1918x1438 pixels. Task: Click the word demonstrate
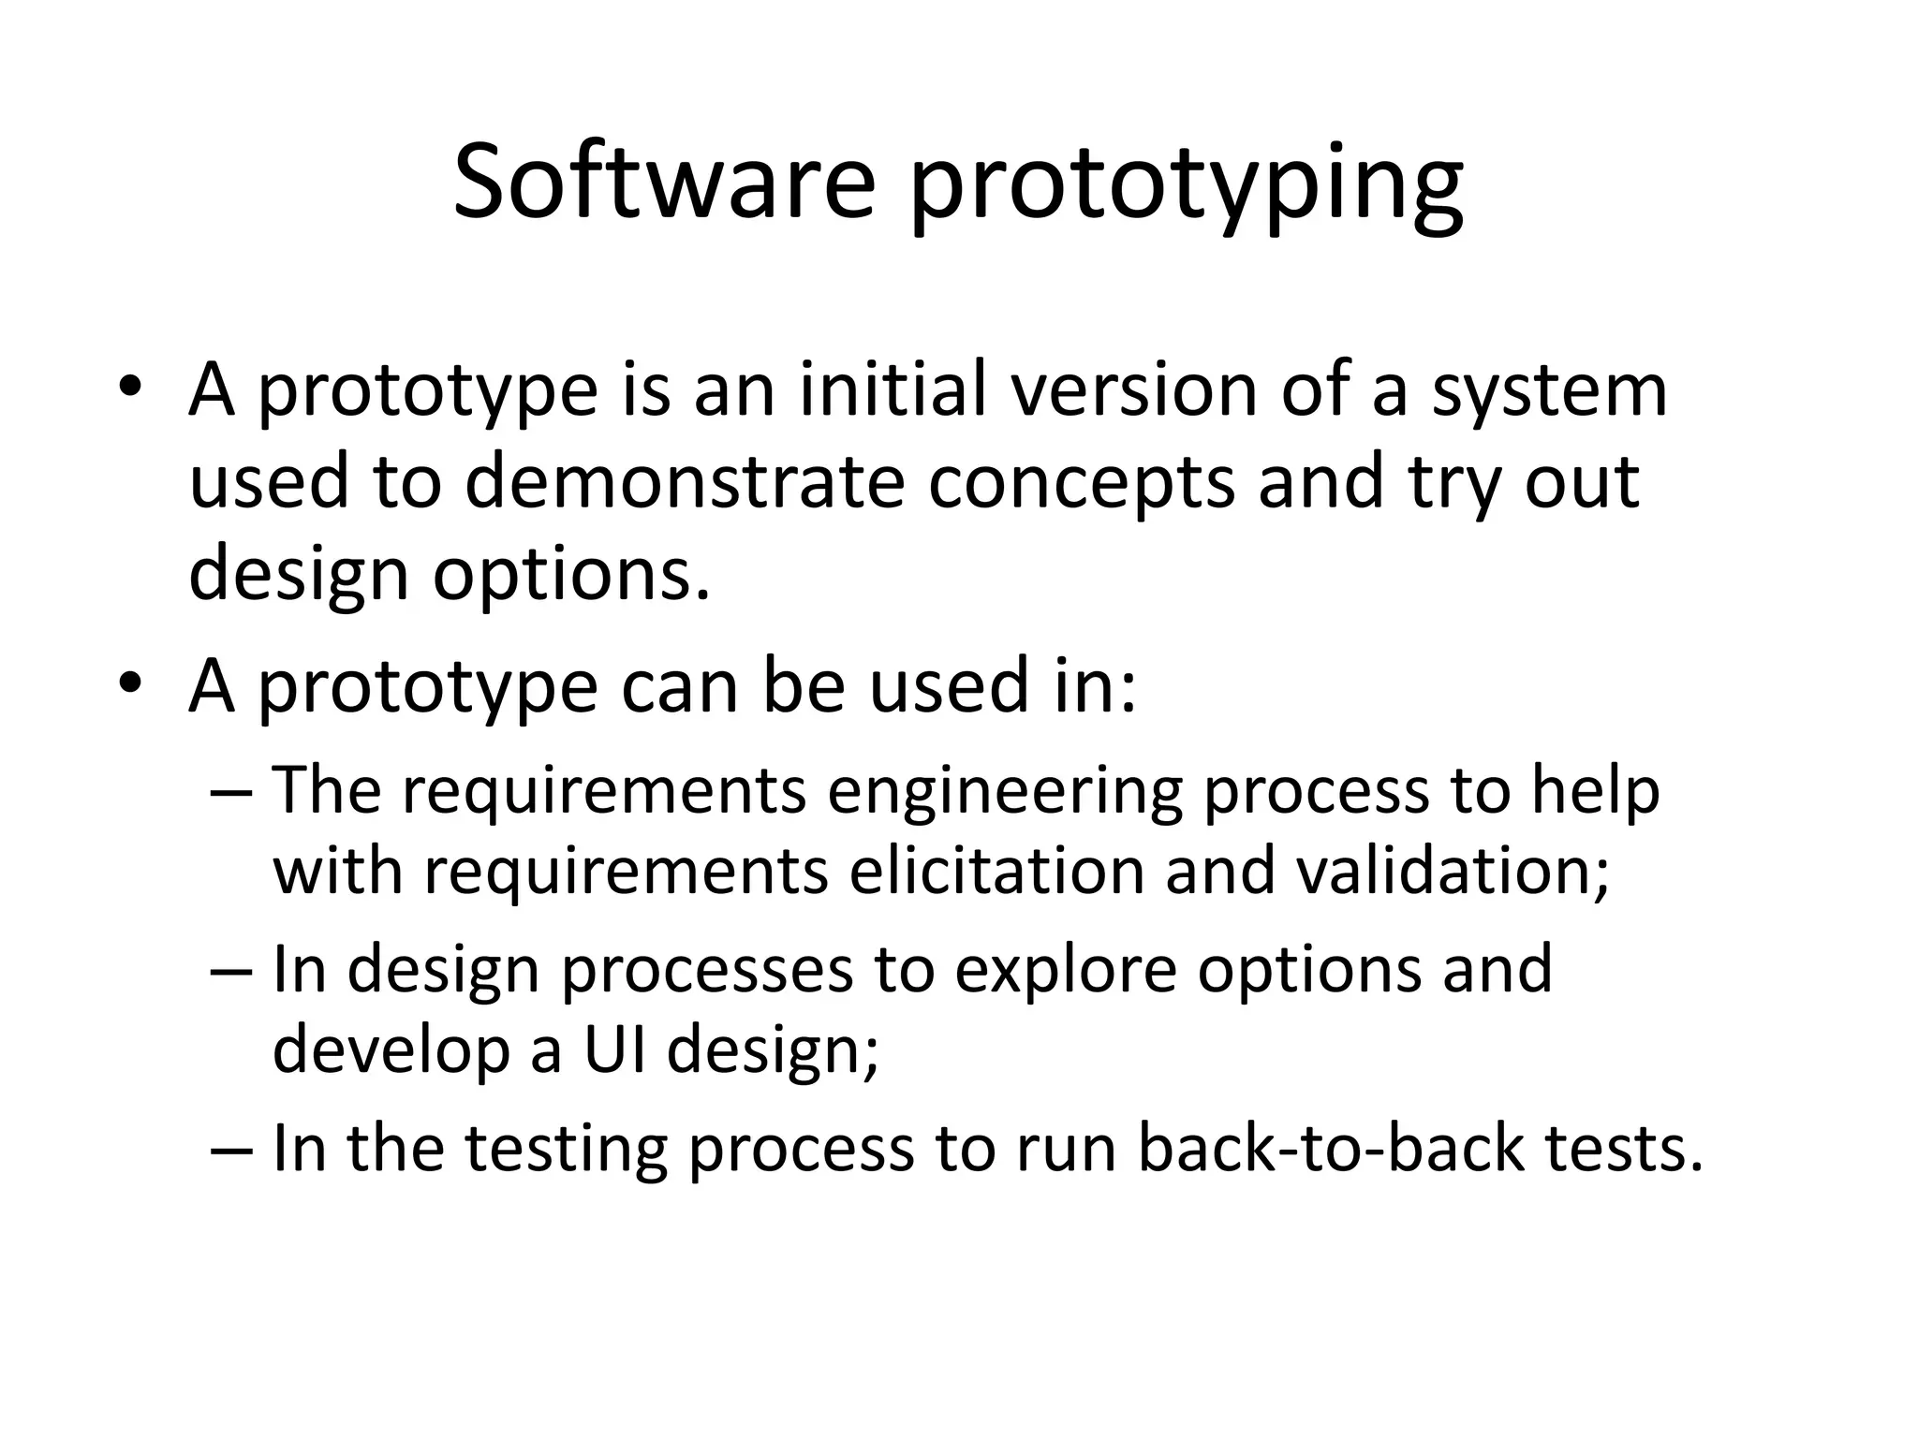[x=684, y=481]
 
